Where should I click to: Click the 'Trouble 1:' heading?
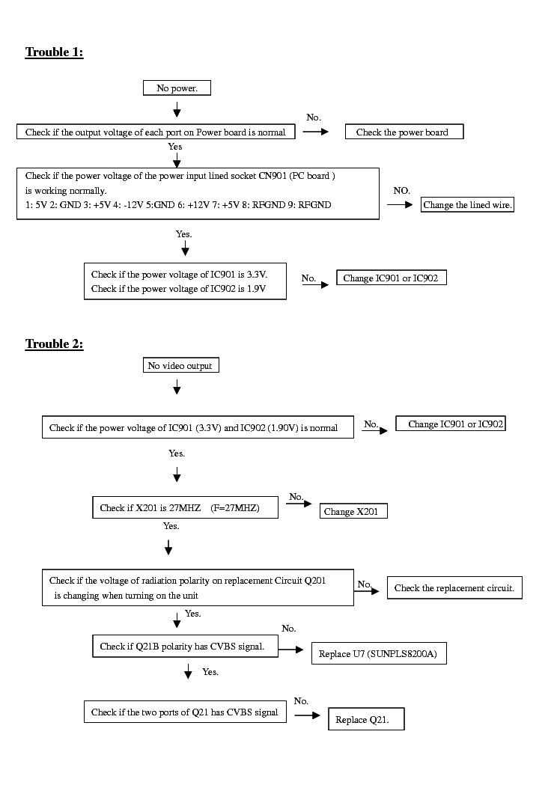pos(54,52)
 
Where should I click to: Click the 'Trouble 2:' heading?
pos(54,344)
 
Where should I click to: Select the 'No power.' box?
pos(177,88)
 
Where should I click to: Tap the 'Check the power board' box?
pos(404,132)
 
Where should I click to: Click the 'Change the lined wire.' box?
pos(467,205)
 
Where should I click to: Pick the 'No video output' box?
pos(180,366)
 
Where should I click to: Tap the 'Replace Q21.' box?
pos(366,720)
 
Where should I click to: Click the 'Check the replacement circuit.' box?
pos(454,588)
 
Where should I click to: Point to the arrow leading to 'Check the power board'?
pos(316,131)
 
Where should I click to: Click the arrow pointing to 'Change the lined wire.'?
pos(400,204)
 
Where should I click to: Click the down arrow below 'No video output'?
pos(177,387)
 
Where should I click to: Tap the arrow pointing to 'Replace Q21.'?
pos(307,715)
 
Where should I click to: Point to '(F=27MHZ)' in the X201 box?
pos(235,508)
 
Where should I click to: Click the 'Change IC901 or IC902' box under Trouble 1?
pos(391,278)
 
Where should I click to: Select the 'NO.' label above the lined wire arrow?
pos(401,191)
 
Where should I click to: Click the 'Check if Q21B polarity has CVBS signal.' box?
pos(182,646)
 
